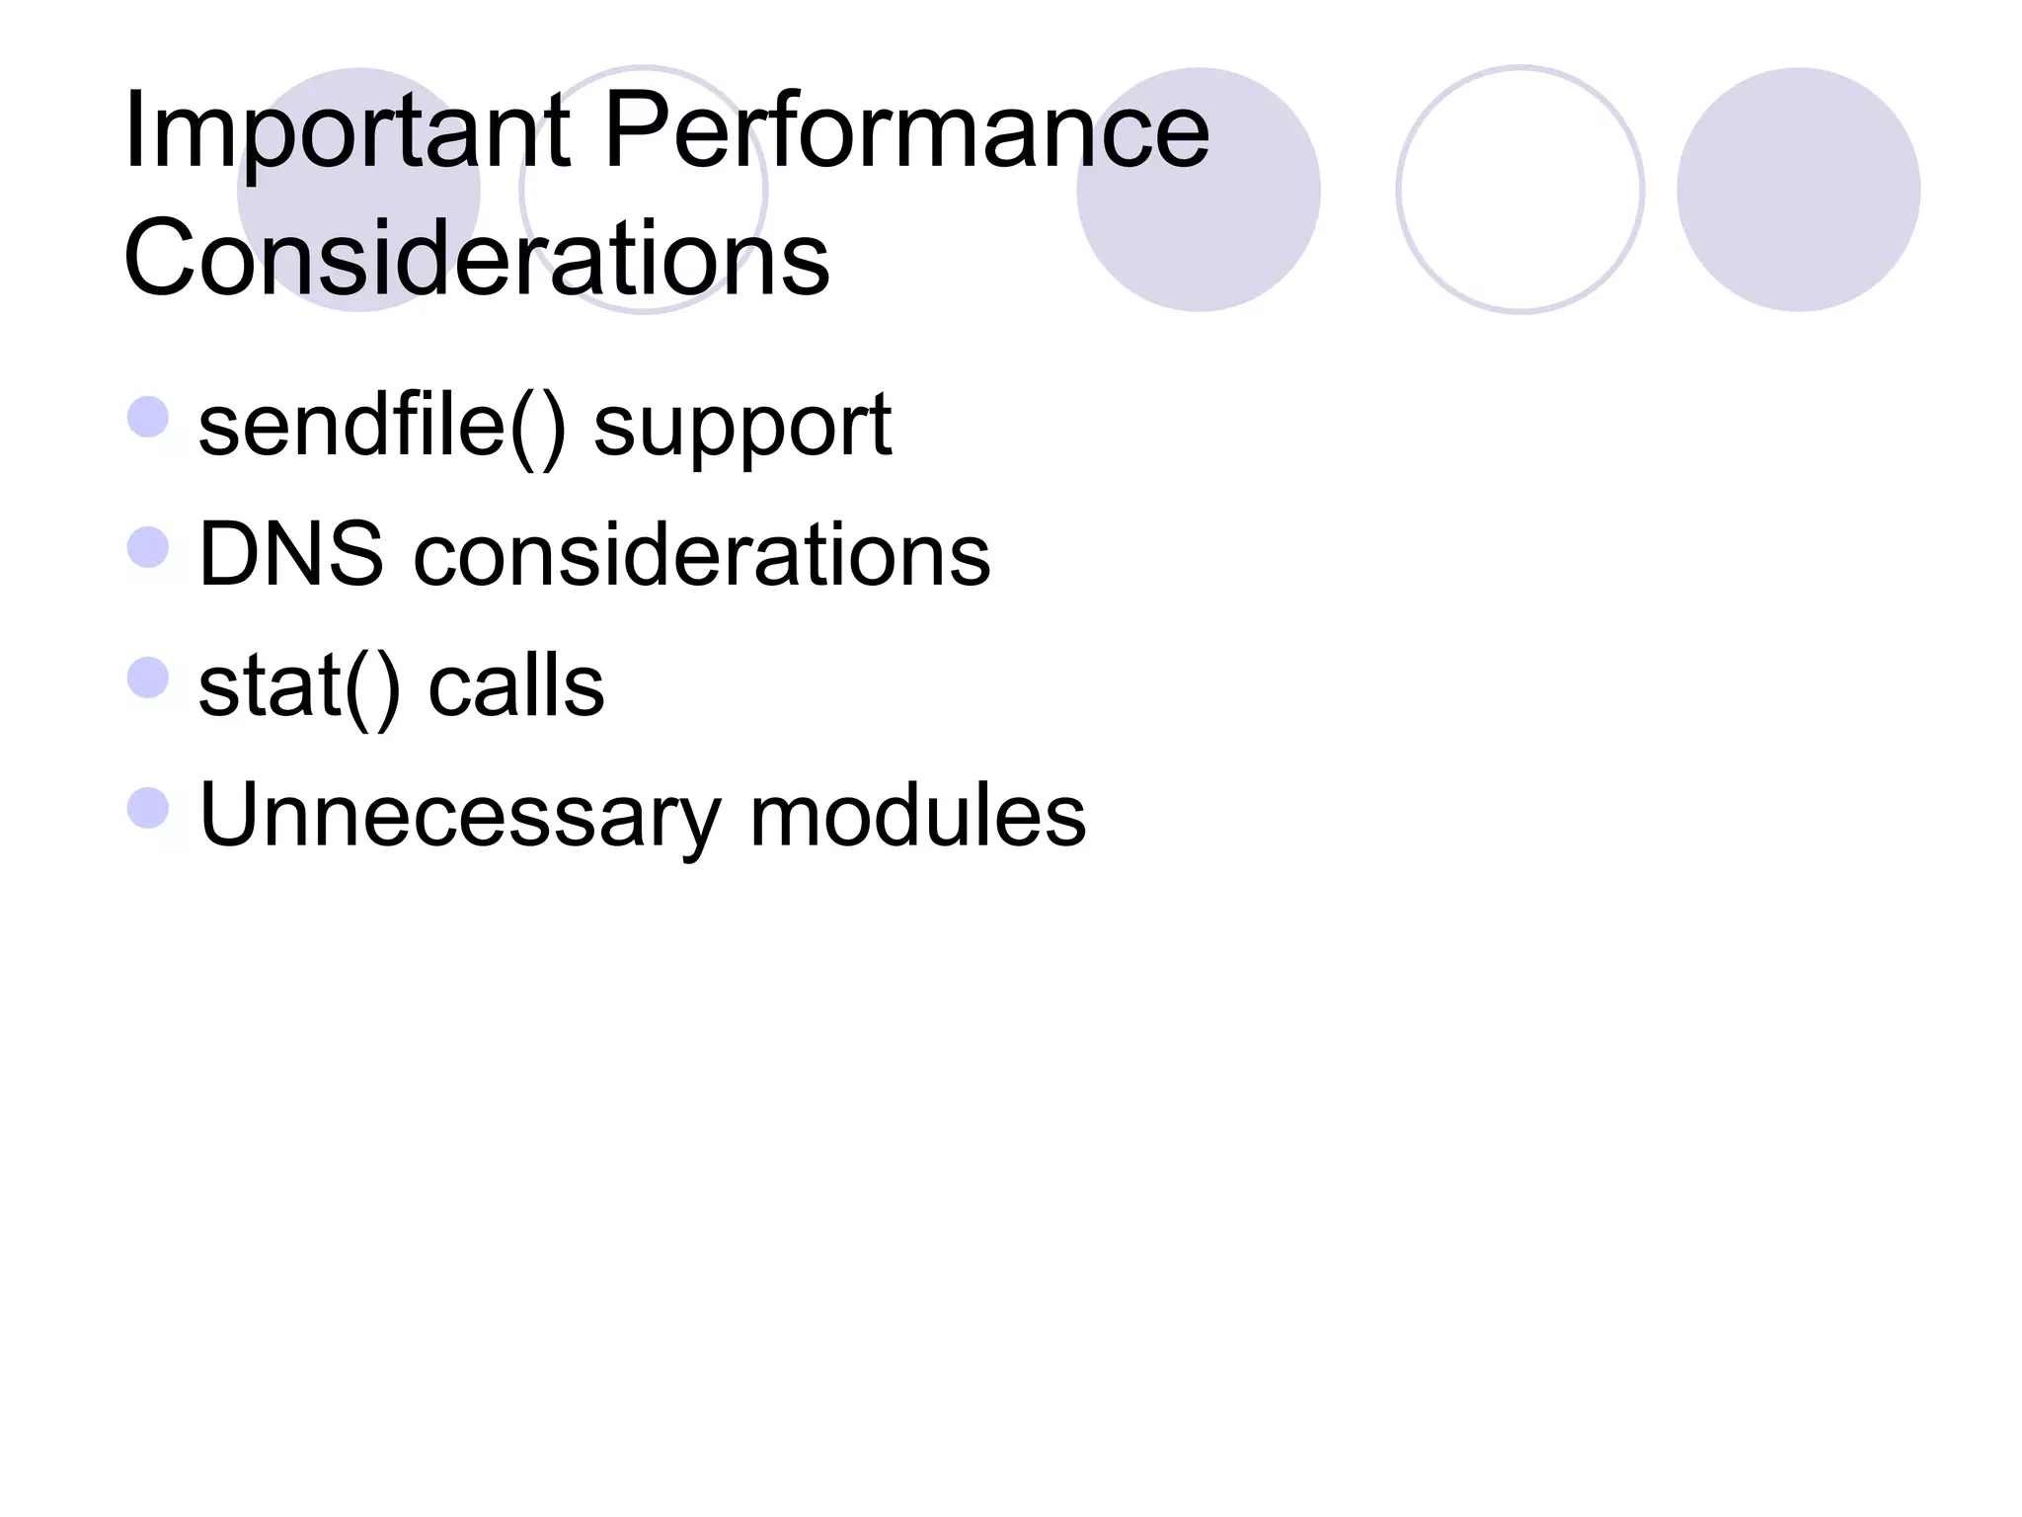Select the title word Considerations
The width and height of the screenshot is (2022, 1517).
pos(476,258)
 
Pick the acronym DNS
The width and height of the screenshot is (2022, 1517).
pos(290,554)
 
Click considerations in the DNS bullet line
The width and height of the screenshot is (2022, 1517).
pos(701,554)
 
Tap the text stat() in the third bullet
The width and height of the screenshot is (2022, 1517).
pos(299,686)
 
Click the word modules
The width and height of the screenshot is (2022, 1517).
pos(917,815)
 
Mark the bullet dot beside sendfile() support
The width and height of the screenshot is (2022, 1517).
pos(148,417)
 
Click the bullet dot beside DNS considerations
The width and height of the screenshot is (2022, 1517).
pos(148,547)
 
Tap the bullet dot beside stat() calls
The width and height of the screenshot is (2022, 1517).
pos(148,678)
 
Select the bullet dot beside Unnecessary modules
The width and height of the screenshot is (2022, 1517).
pos(148,808)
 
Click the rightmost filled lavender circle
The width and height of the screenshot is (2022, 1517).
pos(1798,190)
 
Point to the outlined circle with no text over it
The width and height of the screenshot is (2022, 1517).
pos(1519,190)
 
